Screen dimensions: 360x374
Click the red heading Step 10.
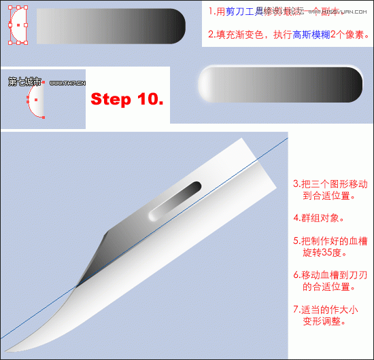click(x=127, y=99)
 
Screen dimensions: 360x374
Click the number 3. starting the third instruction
click(x=296, y=183)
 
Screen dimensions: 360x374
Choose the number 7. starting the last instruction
click(x=296, y=309)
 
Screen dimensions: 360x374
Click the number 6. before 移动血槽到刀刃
click(x=296, y=275)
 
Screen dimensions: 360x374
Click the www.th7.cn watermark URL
click(x=67, y=83)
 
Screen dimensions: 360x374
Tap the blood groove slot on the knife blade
click(x=174, y=200)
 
